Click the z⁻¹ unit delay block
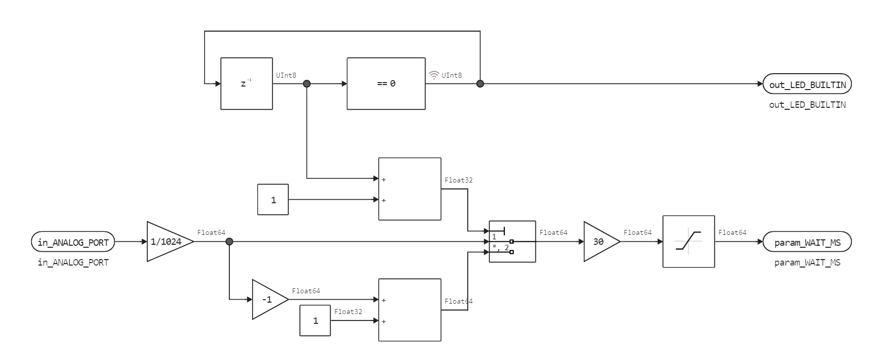point(246,84)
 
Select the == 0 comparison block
point(386,84)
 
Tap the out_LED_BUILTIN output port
point(807,85)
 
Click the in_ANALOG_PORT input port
point(73,242)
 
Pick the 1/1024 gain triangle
point(166,242)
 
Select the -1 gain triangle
point(267,300)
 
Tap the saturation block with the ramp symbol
point(688,242)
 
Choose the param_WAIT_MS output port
point(807,242)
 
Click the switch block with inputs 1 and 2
point(512,241)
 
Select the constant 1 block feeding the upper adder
point(273,200)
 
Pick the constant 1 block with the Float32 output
point(315,320)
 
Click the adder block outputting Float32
point(409,189)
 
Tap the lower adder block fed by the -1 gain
point(409,310)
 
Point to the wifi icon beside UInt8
point(434,75)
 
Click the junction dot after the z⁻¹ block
point(307,84)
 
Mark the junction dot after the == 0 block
point(480,84)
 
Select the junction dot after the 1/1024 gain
point(229,242)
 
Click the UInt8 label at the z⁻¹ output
point(286,75)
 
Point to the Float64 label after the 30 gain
point(637,232)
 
